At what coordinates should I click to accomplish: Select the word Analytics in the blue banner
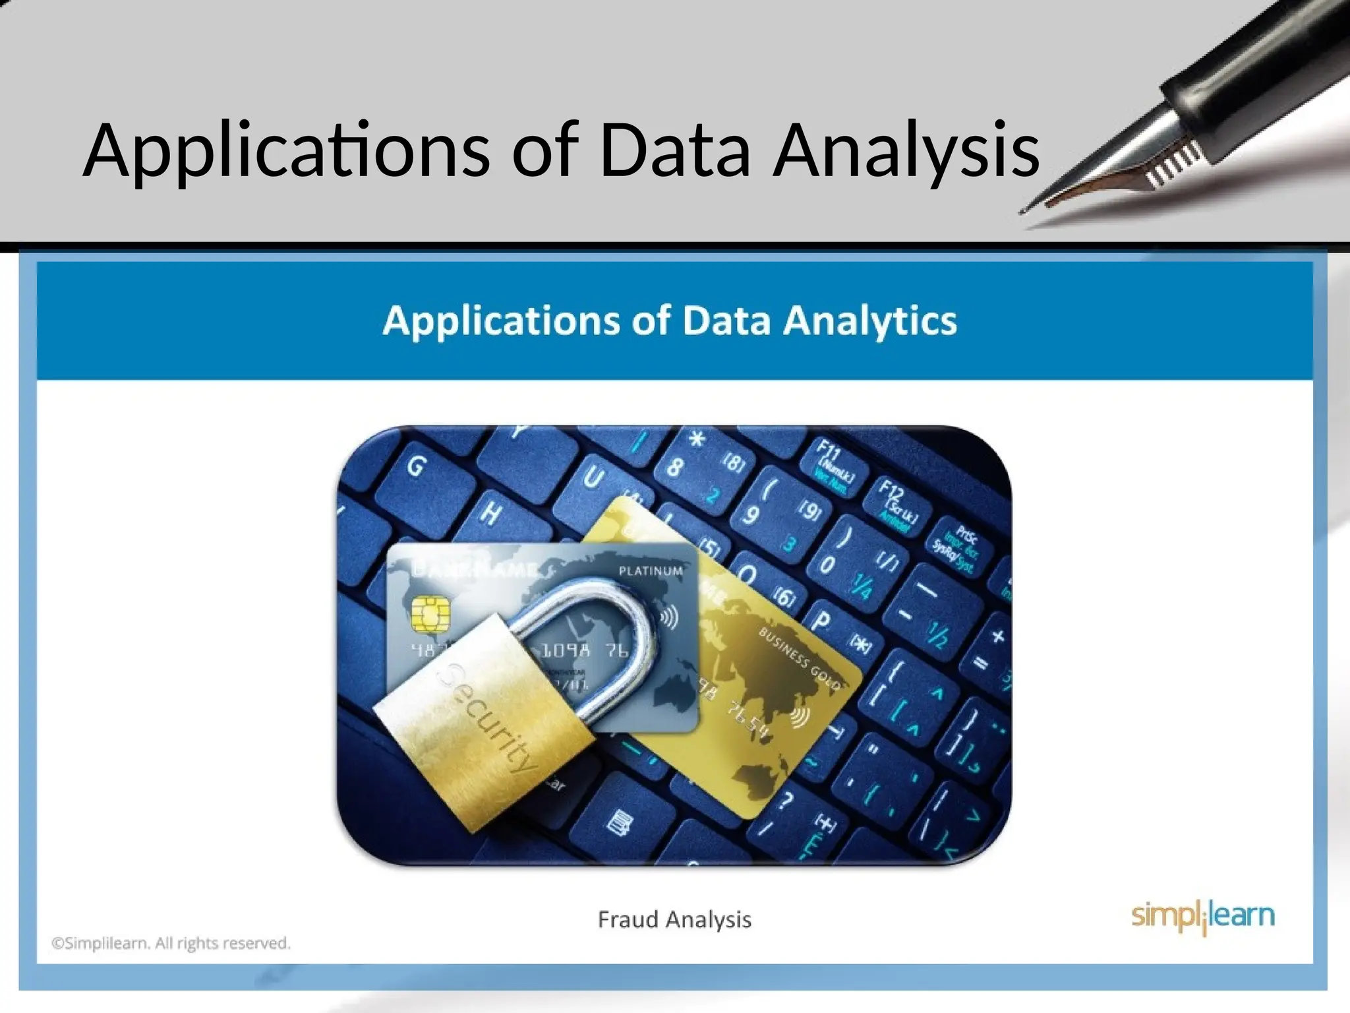point(870,322)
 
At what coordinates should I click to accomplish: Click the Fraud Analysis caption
point(674,919)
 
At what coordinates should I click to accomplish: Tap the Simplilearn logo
point(1203,917)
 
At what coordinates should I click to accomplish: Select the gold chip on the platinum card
point(430,614)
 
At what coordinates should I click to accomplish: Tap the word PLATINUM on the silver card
point(650,571)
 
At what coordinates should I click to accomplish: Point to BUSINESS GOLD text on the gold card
point(799,658)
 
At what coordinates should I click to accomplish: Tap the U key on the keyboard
point(593,477)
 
